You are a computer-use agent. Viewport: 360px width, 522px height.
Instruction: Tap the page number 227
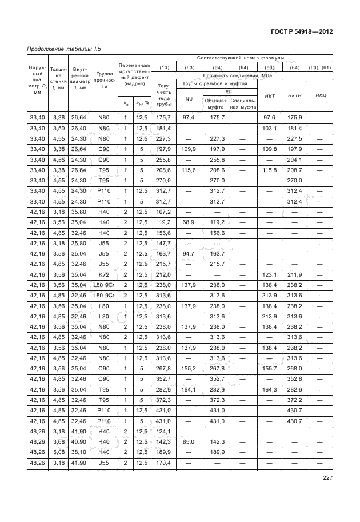click(327, 479)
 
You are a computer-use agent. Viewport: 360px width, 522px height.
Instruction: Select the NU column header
click(189, 99)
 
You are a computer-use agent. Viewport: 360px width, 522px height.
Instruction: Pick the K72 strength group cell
click(103, 274)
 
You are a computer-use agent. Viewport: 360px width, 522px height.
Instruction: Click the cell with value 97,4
click(189, 117)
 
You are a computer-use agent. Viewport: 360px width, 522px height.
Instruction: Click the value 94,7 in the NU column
click(189, 253)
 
